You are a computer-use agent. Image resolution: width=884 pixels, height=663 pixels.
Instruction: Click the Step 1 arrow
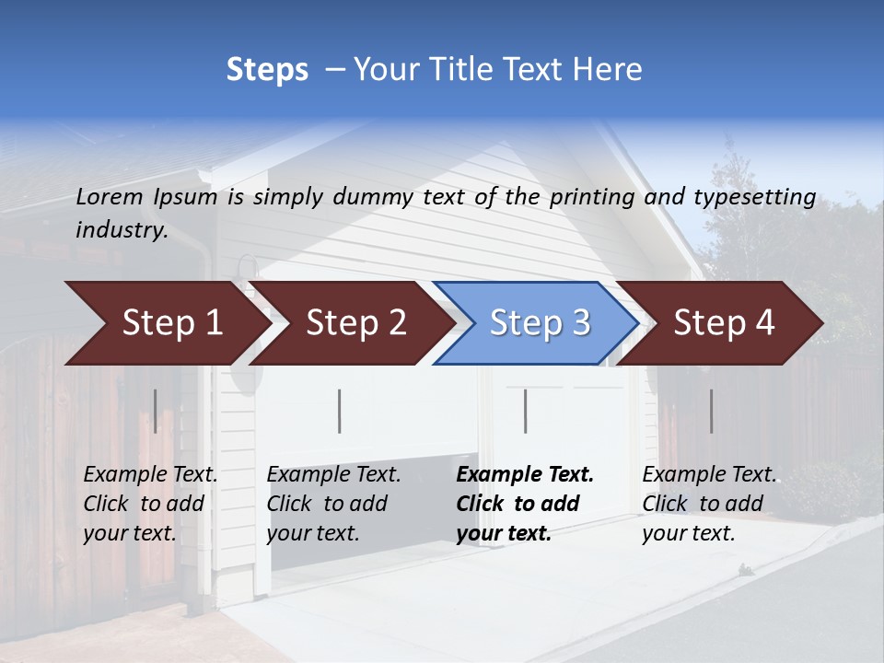pyautogui.click(x=166, y=323)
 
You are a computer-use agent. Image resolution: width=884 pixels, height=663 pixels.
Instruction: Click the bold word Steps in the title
pyautogui.click(x=267, y=70)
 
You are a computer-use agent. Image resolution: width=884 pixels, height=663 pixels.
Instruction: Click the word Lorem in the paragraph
pyautogui.click(x=110, y=196)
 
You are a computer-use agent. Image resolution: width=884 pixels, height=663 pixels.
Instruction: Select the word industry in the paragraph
pyautogui.click(x=121, y=230)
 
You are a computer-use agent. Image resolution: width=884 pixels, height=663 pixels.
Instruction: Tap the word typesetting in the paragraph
pyautogui.click(x=754, y=196)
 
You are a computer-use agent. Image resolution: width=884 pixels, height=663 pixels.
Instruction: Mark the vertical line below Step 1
pyautogui.click(x=156, y=411)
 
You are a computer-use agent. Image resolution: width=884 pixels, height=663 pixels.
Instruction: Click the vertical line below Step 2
pyautogui.click(x=340, y=411)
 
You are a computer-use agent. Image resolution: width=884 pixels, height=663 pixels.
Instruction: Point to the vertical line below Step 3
pyautogui.click(x=525, y=411)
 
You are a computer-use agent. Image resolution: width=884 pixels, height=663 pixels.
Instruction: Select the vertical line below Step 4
pyautogui.click(x=711, y=411)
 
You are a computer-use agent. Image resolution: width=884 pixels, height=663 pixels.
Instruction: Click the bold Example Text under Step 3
pyautogui.click(x=525, y=475)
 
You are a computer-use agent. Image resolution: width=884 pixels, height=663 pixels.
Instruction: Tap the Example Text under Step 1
pyautogui.click(x=150, y=475)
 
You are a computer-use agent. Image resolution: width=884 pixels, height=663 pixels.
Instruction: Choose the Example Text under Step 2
pyautogui.click(x=333, y=475)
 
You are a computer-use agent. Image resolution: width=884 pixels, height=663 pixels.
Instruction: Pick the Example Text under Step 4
pyautogui.click(x=709, y=475)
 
